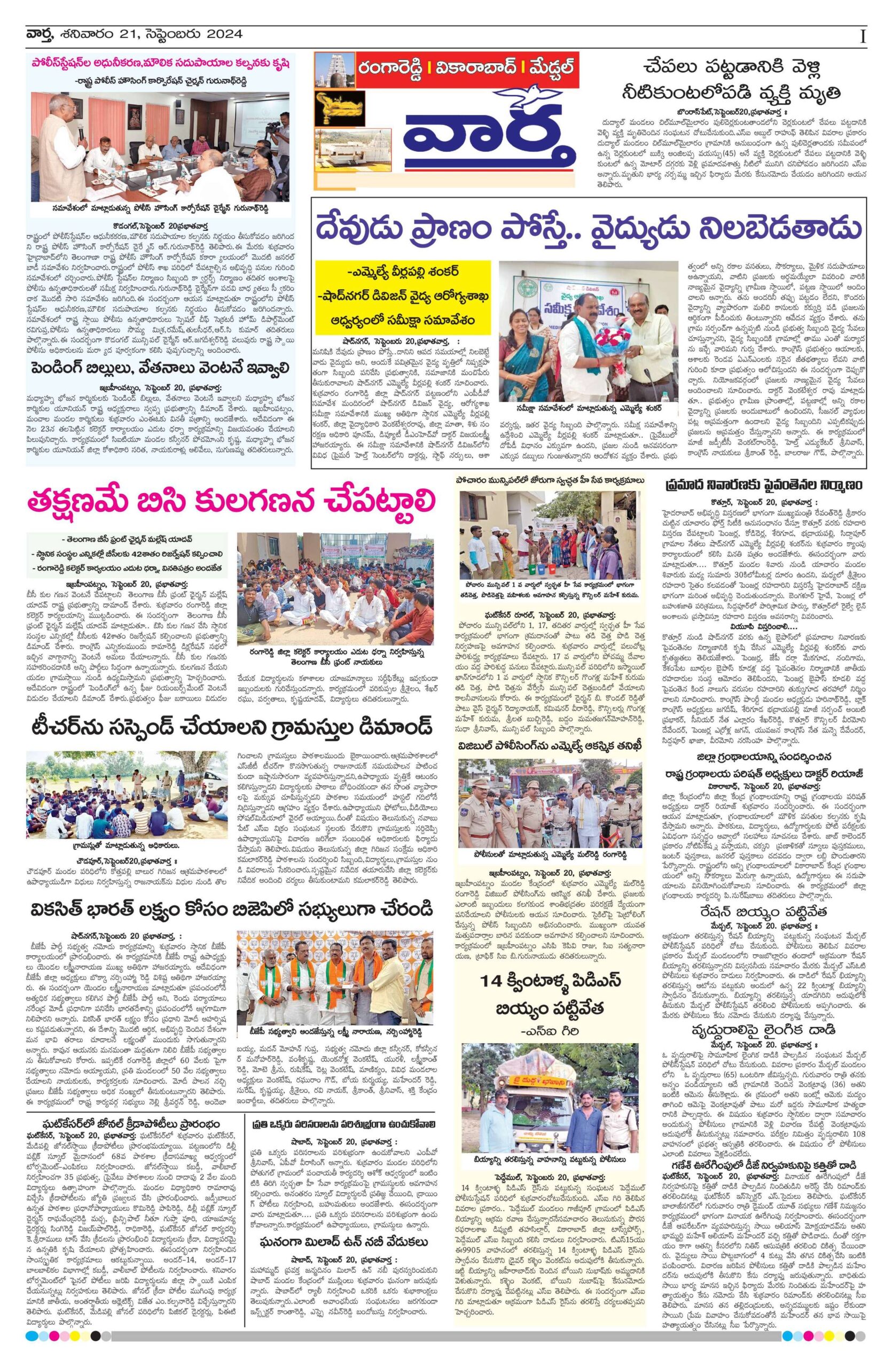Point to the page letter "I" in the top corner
tap(863, 36)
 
